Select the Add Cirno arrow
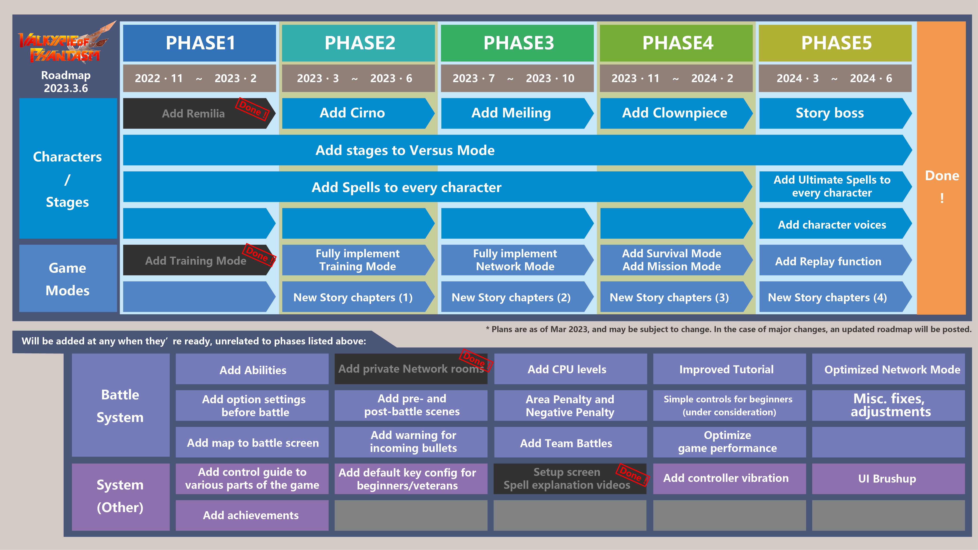pyautogui.click(x=353, y=113)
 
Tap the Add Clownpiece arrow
pyautogui.click(x=674, y=113)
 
